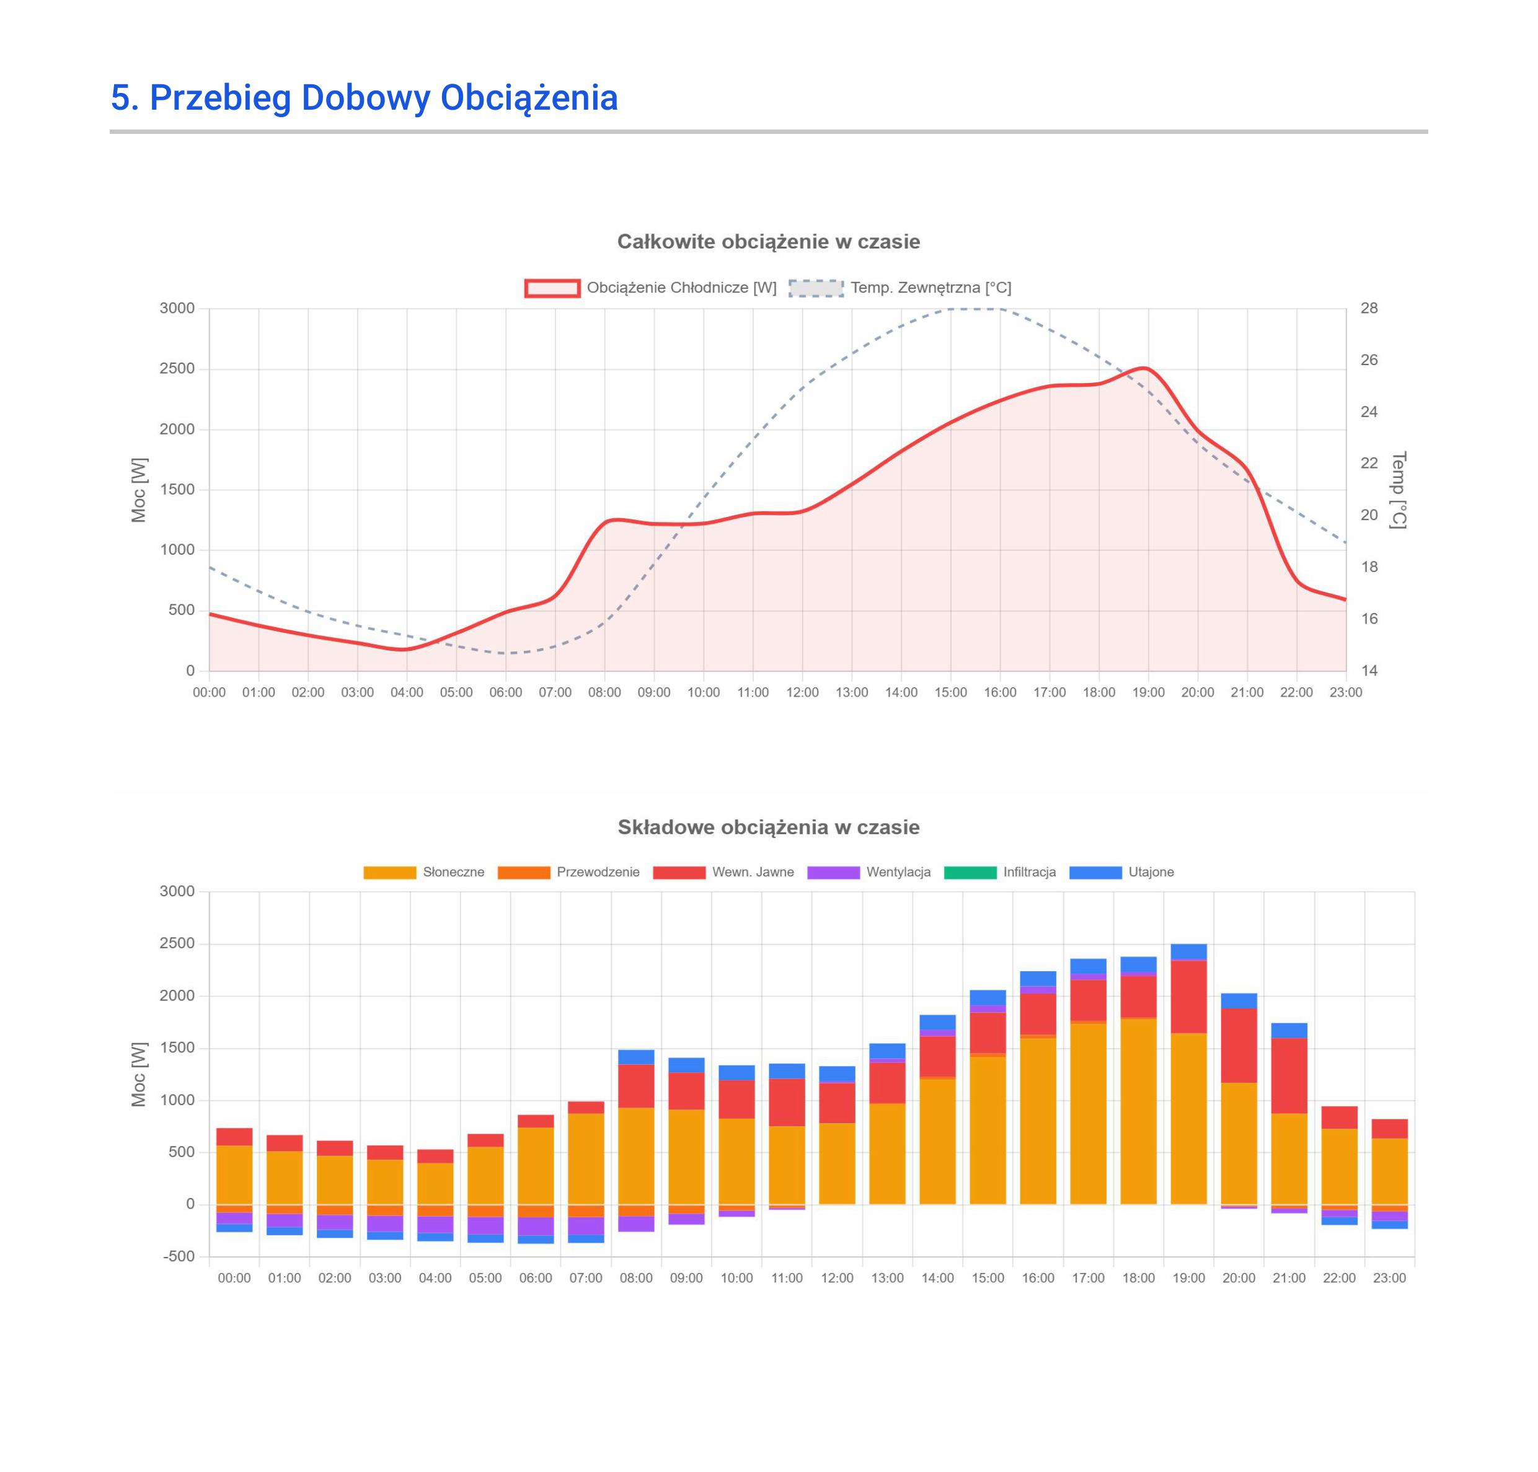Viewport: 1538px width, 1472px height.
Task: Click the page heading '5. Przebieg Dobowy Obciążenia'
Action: (364, 97)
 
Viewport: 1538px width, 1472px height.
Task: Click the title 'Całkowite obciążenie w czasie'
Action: (768, 242)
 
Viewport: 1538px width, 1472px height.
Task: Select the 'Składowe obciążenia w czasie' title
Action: (768, 827)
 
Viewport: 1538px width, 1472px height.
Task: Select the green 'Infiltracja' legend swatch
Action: (970, 873)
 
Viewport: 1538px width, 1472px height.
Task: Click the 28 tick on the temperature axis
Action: (1369, 309)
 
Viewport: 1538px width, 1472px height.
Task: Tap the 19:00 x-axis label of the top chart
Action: (1148, 692)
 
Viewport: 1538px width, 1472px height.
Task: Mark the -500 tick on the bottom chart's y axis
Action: (179, 1256)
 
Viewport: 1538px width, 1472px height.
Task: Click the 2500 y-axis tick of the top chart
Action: (177, 369)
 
